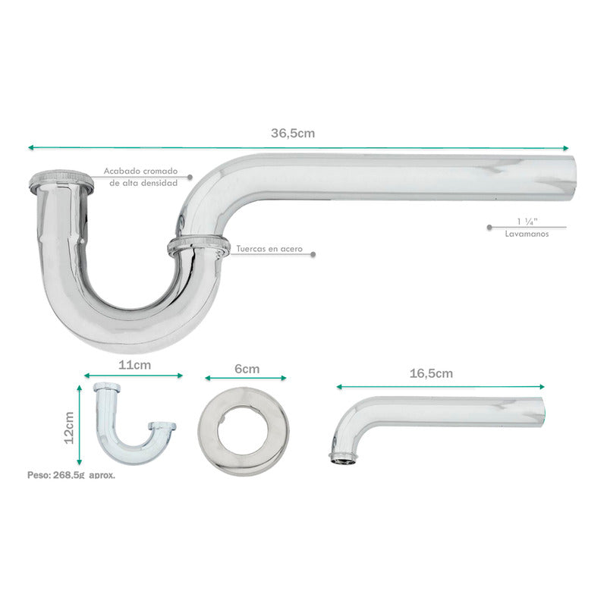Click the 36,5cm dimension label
pos(293,134)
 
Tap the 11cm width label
pos(134,365)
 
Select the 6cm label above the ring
pos(247,369)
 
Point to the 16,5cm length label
pos(431,373)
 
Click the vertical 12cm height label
pos(69,428)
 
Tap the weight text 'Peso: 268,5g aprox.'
pos(71,475)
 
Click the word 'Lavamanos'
pos(527,234)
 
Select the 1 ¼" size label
pos(527,222)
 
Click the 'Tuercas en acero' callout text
pos(269,249)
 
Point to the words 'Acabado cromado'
pos(140,171)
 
